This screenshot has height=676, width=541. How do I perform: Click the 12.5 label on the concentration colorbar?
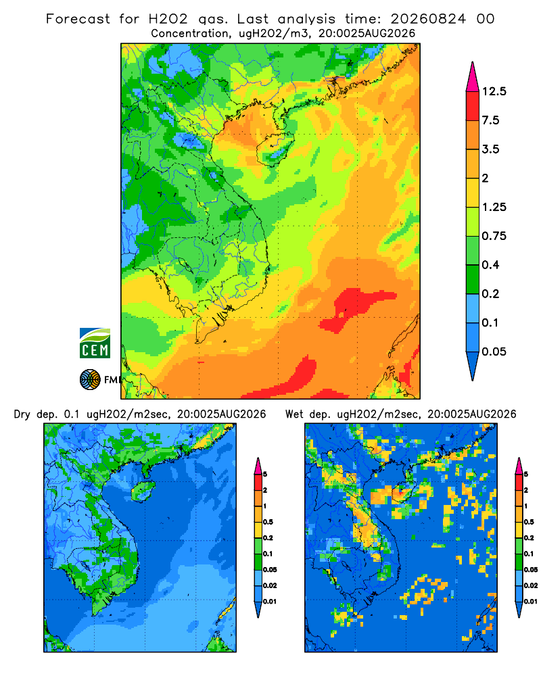point(494,91)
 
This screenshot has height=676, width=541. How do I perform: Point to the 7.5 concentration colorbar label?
point(490,120)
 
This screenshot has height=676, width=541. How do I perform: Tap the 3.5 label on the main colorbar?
point(490,149)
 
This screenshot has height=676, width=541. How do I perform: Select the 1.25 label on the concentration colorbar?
point(494,207)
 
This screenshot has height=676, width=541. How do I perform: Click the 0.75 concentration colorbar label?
point(494,236)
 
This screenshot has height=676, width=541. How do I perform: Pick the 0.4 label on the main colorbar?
point(490,265)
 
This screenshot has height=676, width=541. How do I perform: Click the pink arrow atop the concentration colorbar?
point(473,76)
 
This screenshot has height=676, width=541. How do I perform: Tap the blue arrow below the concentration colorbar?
point(473,366)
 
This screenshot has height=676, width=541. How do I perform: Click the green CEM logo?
point(95,343)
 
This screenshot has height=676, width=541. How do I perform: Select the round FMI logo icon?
point(90,380)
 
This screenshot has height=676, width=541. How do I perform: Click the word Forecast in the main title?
point(78,19)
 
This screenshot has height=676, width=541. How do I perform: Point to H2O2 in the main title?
point(168,19)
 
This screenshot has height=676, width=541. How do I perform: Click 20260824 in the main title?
point(428,19)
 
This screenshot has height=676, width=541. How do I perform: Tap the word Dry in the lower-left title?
point(22,414)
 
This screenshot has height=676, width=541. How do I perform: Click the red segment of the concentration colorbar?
point(473,106)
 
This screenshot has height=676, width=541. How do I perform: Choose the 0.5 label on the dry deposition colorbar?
point(268,522)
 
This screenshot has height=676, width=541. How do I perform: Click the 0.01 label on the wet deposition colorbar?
point(531,602)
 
